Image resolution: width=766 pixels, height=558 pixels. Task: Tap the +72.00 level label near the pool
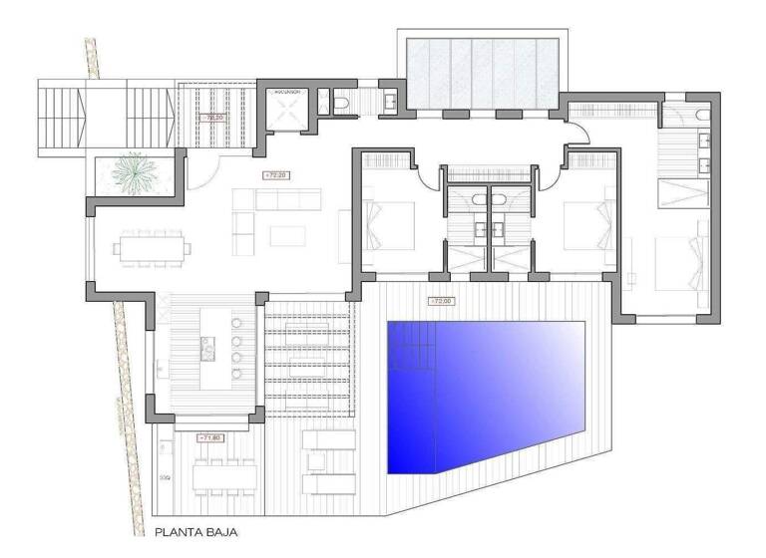click(440, 300)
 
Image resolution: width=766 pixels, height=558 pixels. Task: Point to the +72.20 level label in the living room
click(275, 175)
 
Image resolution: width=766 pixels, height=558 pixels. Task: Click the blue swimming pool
click(489, 394)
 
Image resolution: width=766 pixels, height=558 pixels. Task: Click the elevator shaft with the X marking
click(287, 114)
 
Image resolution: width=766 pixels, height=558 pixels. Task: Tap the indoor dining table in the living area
click(154, 245)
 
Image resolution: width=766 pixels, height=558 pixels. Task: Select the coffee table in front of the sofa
click(287, 235)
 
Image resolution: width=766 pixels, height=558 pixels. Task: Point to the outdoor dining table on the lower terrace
click(224, 476)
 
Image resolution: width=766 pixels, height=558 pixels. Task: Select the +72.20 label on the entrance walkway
click(212, 118)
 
